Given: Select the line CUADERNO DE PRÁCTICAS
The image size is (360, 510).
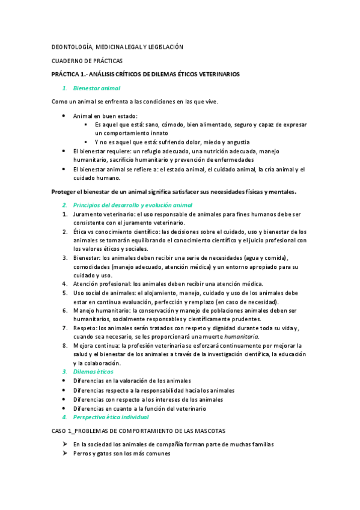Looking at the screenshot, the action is (87, 61).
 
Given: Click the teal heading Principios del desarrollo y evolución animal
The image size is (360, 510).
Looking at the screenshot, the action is (132, 205).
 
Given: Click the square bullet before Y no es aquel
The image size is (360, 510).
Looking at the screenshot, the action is (86, 142).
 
